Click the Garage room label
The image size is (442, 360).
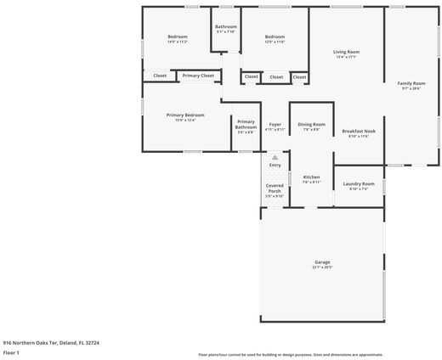322,262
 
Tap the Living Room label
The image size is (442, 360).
346,53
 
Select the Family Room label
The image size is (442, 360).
411,83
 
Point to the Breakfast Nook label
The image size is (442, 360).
359,132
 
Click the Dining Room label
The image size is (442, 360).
311,125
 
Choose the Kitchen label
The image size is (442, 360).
311,177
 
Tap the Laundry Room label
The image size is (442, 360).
359,184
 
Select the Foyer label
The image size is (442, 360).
275,125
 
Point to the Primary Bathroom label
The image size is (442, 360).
246,124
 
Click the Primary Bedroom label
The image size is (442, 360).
185,115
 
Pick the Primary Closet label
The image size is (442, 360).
198,76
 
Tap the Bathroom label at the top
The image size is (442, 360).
225,27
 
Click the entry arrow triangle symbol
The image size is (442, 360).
275,157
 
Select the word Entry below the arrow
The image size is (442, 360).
275,165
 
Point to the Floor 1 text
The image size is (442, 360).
11,352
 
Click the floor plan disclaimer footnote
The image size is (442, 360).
291,354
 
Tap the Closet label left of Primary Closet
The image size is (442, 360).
160,76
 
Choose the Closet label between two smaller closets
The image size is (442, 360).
276,77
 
